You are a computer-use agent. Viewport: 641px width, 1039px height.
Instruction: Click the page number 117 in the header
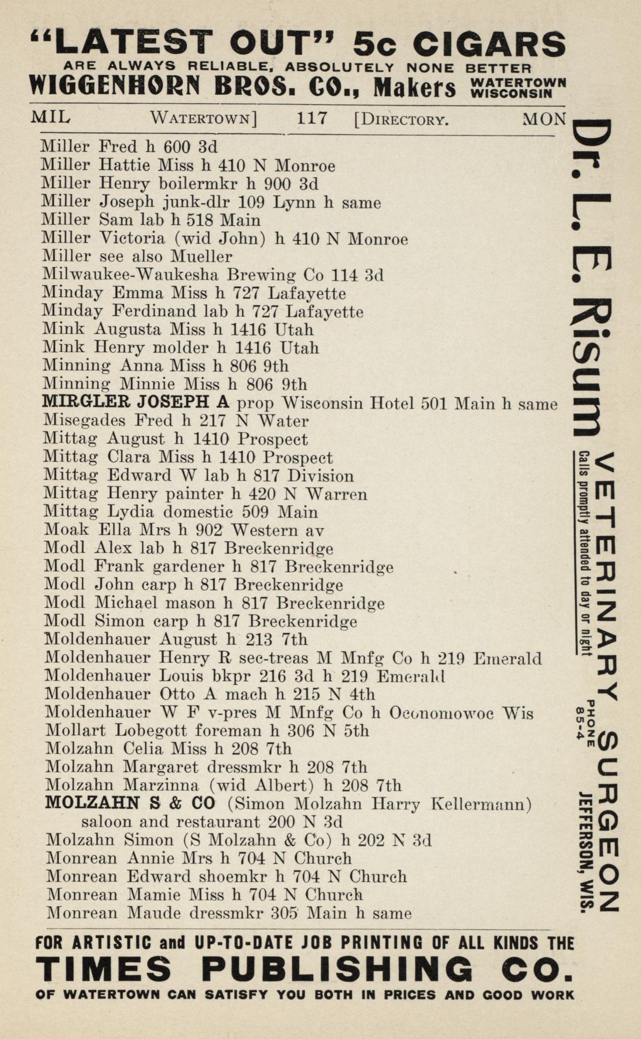pos(312,117)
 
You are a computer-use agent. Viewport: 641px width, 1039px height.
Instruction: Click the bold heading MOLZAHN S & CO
pos(130,803)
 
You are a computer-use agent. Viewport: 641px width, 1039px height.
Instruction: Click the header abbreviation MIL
pos(51,117)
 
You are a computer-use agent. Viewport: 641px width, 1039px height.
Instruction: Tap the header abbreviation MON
pos(544,118)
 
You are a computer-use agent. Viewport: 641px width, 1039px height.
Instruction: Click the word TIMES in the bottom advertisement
pos(103,969)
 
